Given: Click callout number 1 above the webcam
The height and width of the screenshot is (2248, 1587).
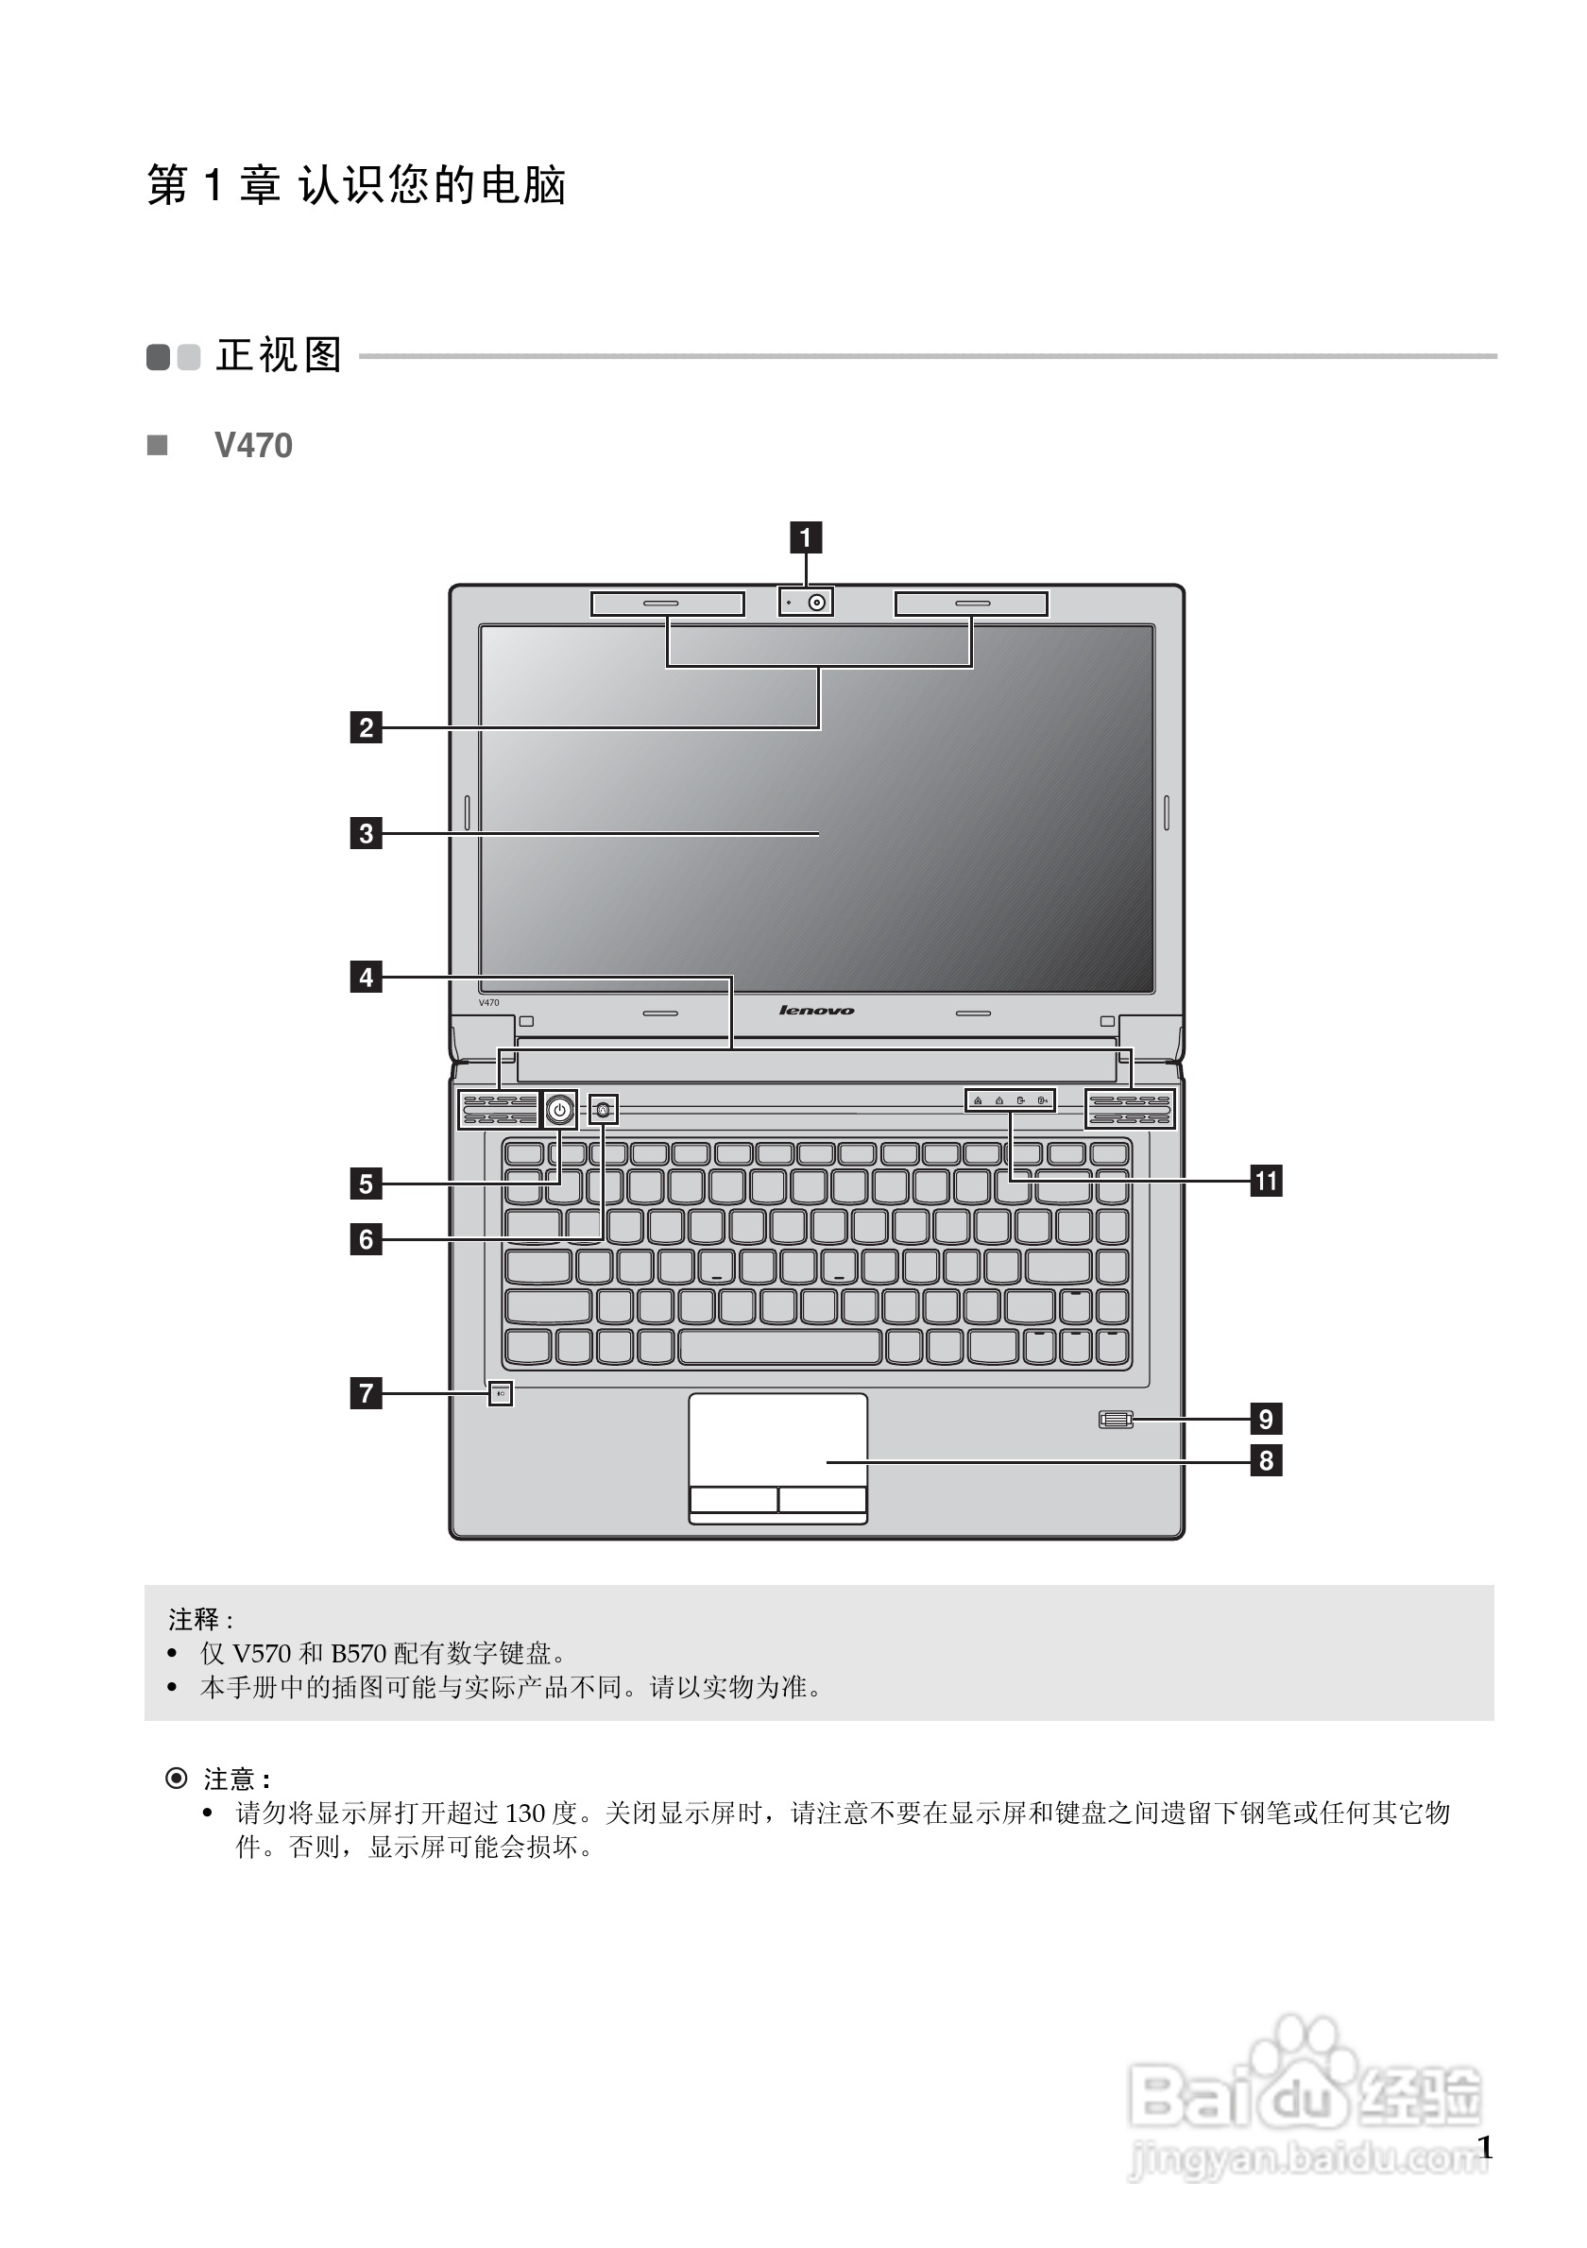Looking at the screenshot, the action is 806,537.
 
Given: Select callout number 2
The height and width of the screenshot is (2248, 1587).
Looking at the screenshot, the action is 367,727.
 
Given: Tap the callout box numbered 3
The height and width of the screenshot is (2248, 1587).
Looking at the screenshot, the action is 367,833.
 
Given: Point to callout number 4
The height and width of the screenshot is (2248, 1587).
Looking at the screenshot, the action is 367,978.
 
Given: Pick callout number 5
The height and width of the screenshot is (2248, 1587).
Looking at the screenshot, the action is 367,1184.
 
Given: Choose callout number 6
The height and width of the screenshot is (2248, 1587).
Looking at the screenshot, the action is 367,1239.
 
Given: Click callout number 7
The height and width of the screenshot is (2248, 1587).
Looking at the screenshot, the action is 367,1393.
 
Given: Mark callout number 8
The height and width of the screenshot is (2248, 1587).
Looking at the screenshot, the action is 1266,1461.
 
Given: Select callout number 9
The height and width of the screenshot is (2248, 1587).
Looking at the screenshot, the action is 1266,1419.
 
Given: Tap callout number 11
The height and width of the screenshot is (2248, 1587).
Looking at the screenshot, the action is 1266,1181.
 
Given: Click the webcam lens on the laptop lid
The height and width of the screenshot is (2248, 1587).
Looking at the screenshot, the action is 816,603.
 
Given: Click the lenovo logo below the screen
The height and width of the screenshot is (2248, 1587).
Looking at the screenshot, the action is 816,1011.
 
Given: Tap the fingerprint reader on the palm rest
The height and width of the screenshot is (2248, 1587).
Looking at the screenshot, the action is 1115,1419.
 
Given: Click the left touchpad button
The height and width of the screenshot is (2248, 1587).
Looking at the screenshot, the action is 733,1499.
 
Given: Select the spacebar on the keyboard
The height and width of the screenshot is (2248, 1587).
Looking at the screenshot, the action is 780,1347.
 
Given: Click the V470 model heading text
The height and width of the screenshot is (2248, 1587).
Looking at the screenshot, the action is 252,446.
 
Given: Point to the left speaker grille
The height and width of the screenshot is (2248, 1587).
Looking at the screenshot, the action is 500,1110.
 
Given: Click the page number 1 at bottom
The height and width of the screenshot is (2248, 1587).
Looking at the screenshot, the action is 1484,2147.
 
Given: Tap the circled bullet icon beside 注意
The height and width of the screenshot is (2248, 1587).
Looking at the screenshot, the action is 177,1778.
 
